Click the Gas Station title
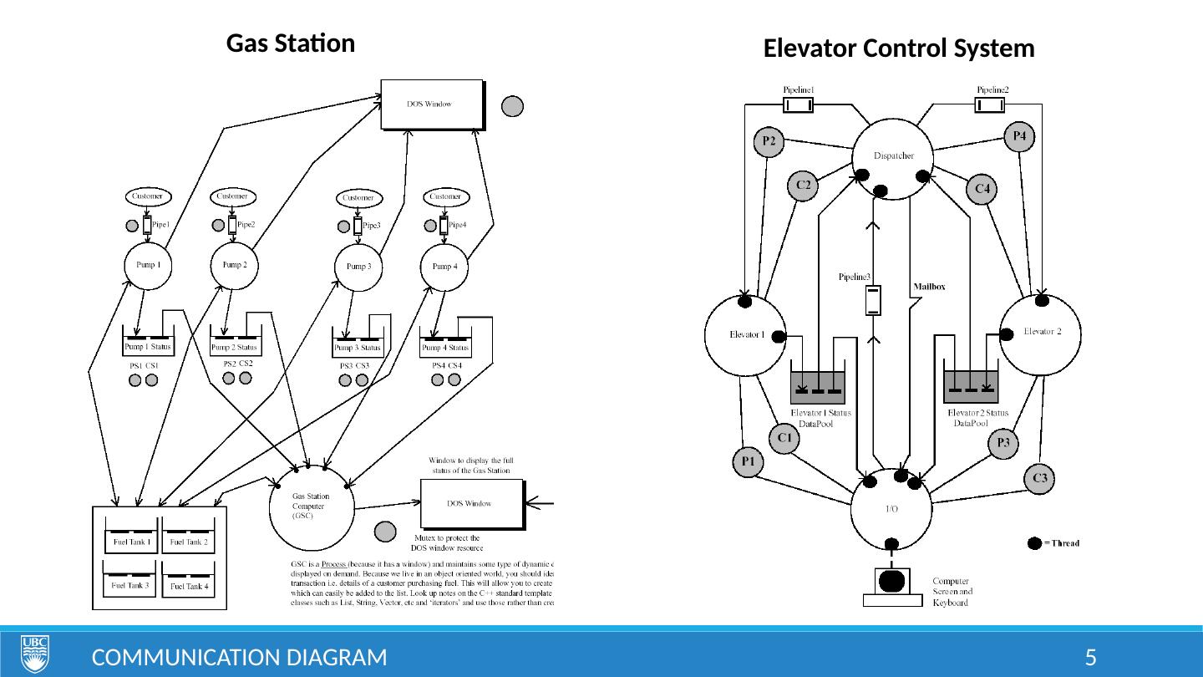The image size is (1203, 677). (x=291, y=43)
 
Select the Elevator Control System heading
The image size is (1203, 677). (x=899, y=49)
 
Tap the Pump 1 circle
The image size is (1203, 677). (x=148, y=265)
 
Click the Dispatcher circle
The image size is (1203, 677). (x=892, y=157)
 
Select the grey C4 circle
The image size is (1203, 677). (x=982, y=190)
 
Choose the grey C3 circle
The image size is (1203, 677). (x=1040, y=478)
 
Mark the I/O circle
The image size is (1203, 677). (x=891, y=510)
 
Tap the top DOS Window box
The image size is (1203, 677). (x=431, y=104)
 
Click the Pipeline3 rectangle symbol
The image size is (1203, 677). (x=873, y=300)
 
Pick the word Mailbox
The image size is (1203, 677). (x=929, y=286)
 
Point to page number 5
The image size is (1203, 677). (x=1090, y=657)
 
